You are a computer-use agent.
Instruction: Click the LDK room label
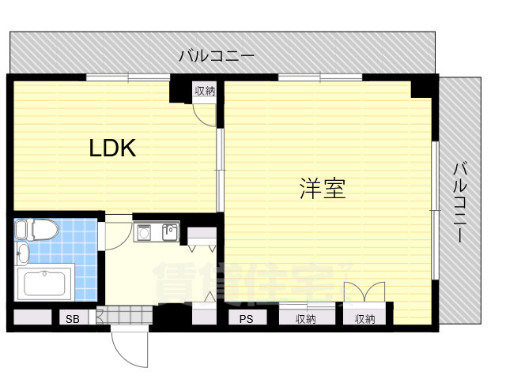112,148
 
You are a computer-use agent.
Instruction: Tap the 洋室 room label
323,189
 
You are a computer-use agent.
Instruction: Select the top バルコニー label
217,56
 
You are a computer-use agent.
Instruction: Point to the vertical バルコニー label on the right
459,203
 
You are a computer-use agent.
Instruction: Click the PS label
246,319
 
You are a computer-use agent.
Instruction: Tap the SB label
73,319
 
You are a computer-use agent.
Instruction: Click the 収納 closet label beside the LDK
205,92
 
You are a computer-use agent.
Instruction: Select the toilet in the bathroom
36,230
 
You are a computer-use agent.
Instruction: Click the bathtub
44,283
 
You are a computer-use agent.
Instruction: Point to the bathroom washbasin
23,253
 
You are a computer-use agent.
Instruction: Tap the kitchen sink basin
170,232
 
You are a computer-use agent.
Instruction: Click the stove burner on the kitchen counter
144,232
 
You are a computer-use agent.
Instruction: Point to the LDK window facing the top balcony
128,77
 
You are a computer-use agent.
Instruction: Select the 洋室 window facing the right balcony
436,211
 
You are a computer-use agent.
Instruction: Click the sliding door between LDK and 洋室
220,171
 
